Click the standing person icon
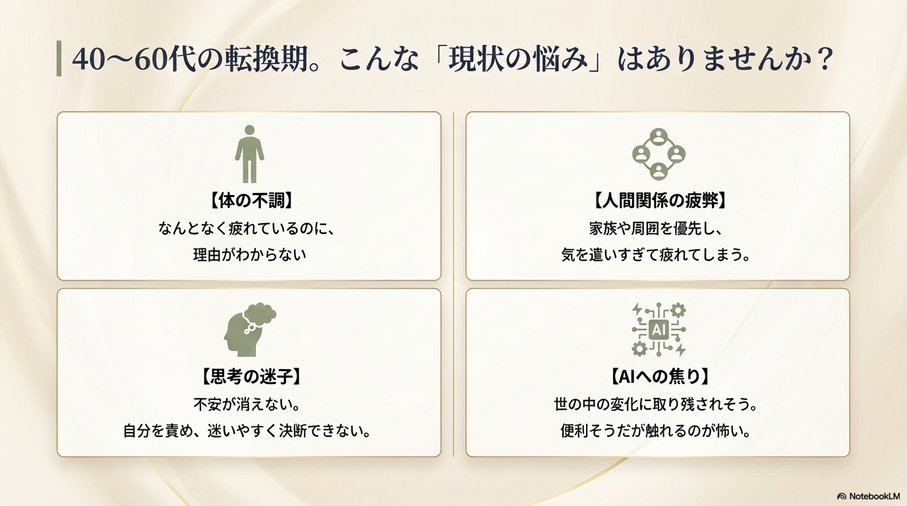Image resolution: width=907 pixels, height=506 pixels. pyautogui.click(x=249, y=154)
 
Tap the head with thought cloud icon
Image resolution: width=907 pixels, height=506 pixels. pyautogui.click(x=250, y=330)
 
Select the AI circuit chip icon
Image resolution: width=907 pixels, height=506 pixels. pyautogui.click(x=658, y=329)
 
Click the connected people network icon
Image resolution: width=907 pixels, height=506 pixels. pyautogui.click(x=658, y=154)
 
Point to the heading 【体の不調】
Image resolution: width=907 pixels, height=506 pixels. pyautogui.click(x=250, y=200)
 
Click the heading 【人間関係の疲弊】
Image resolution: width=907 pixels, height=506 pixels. pyautogui.click(x=658, y=200)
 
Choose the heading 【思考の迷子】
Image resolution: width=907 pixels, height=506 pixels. pyautogui.click(x=250, y=376)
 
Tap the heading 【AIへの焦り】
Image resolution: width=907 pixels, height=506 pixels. pyautogui.click(x=658, y=376)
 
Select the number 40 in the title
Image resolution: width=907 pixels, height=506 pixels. pyautogui.click(x=89, y=59)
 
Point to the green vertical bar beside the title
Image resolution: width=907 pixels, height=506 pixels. pyautogui.click(x=59, y=58)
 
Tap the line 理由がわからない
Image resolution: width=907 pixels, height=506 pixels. pyautogui.click(x=249, y=255)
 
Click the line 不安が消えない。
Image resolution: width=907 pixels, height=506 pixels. pyautogui.click(x=247, y=405)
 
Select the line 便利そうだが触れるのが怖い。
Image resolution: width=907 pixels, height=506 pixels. pyautogui.click(x=656, y=431)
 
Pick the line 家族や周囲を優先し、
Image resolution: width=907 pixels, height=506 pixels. pyautogui.click(x=656, y=229)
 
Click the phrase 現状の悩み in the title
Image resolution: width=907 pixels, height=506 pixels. pyautogui.click(x=518, y=59)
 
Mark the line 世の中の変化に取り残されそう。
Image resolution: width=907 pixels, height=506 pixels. pyautogui.click(x=656, y=405)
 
